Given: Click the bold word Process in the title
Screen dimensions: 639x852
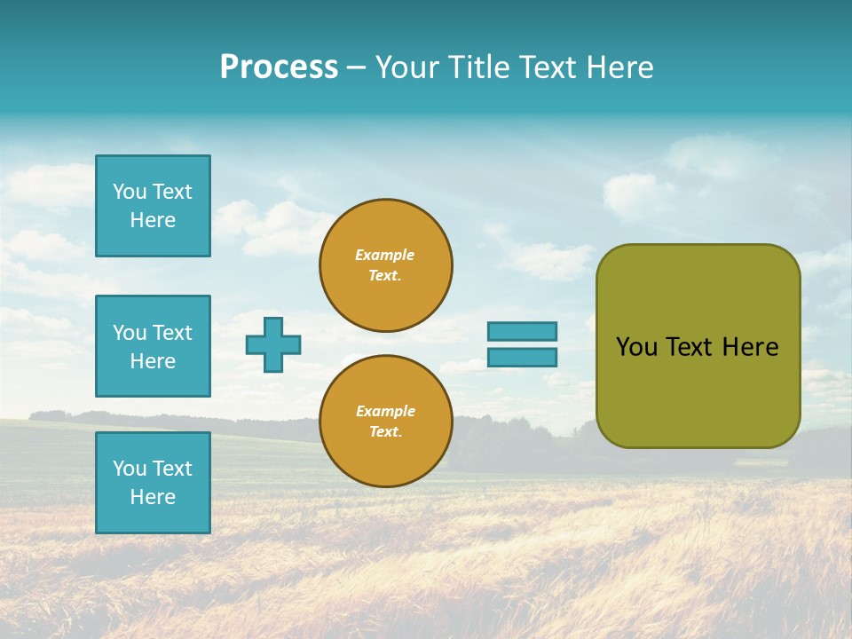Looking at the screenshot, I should tap(279, 67).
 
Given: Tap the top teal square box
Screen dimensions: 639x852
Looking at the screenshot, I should tap(153, 206).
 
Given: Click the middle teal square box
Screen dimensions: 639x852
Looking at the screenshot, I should tap(153, 346).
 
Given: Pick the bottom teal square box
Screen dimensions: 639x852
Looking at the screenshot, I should tap(153, 483).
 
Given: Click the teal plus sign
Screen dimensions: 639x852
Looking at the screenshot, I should tap(273, 344).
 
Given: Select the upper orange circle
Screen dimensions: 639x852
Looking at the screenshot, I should tap(385, 265).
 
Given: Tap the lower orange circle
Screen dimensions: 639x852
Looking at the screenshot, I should tap(385, 422).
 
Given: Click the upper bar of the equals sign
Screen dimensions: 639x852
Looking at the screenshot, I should tap(522, 331).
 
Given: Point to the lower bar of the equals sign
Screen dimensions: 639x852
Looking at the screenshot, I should tap(522, 358).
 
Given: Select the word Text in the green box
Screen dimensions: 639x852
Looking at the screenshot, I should tap(690, 347).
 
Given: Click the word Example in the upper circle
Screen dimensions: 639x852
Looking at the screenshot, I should tap(385, 255).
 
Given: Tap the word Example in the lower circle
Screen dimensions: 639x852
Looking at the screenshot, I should tap(385, 411).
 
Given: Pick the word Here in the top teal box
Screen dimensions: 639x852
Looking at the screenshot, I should tap(153, 220).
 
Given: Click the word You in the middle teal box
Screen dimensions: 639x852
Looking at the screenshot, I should tap(129, 333).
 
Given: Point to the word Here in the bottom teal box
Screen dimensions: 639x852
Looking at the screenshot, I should tap(153, 497).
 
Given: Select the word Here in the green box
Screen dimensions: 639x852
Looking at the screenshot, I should tap(750, 347).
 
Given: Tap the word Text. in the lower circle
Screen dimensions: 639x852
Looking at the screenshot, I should tap(385, 432).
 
